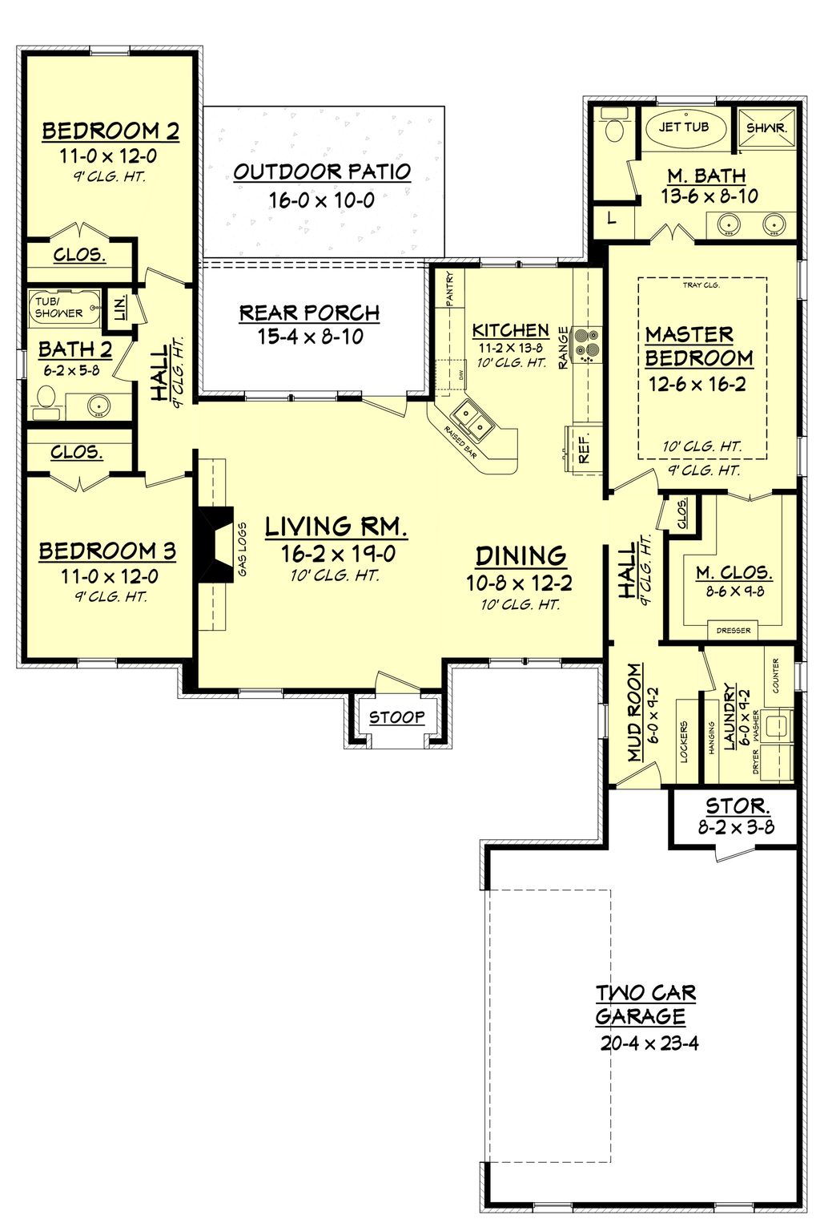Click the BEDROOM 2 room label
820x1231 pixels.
click(111, 131)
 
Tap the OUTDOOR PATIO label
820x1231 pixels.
click(322, 172)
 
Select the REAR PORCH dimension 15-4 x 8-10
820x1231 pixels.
click(310, 337)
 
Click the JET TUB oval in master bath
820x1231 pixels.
click(684, 127)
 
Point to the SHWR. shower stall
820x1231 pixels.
click(766, 128)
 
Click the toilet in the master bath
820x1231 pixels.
click(615, 129)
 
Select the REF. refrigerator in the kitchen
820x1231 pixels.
click(584, 449)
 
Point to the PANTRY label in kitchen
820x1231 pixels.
click(449, 289)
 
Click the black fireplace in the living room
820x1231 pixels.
click(215, 545)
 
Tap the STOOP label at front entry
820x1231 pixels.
click(396, 716)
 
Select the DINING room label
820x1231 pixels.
click(521, 555)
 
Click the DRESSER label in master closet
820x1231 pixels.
click(734, 631)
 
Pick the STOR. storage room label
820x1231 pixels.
click(737, 805)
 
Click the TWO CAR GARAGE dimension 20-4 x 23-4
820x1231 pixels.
click(649, 1043)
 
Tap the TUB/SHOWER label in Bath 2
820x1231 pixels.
click(58, 308)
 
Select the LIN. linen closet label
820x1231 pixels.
click(120, 308)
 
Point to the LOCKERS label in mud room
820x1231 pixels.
click(684, 741)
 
